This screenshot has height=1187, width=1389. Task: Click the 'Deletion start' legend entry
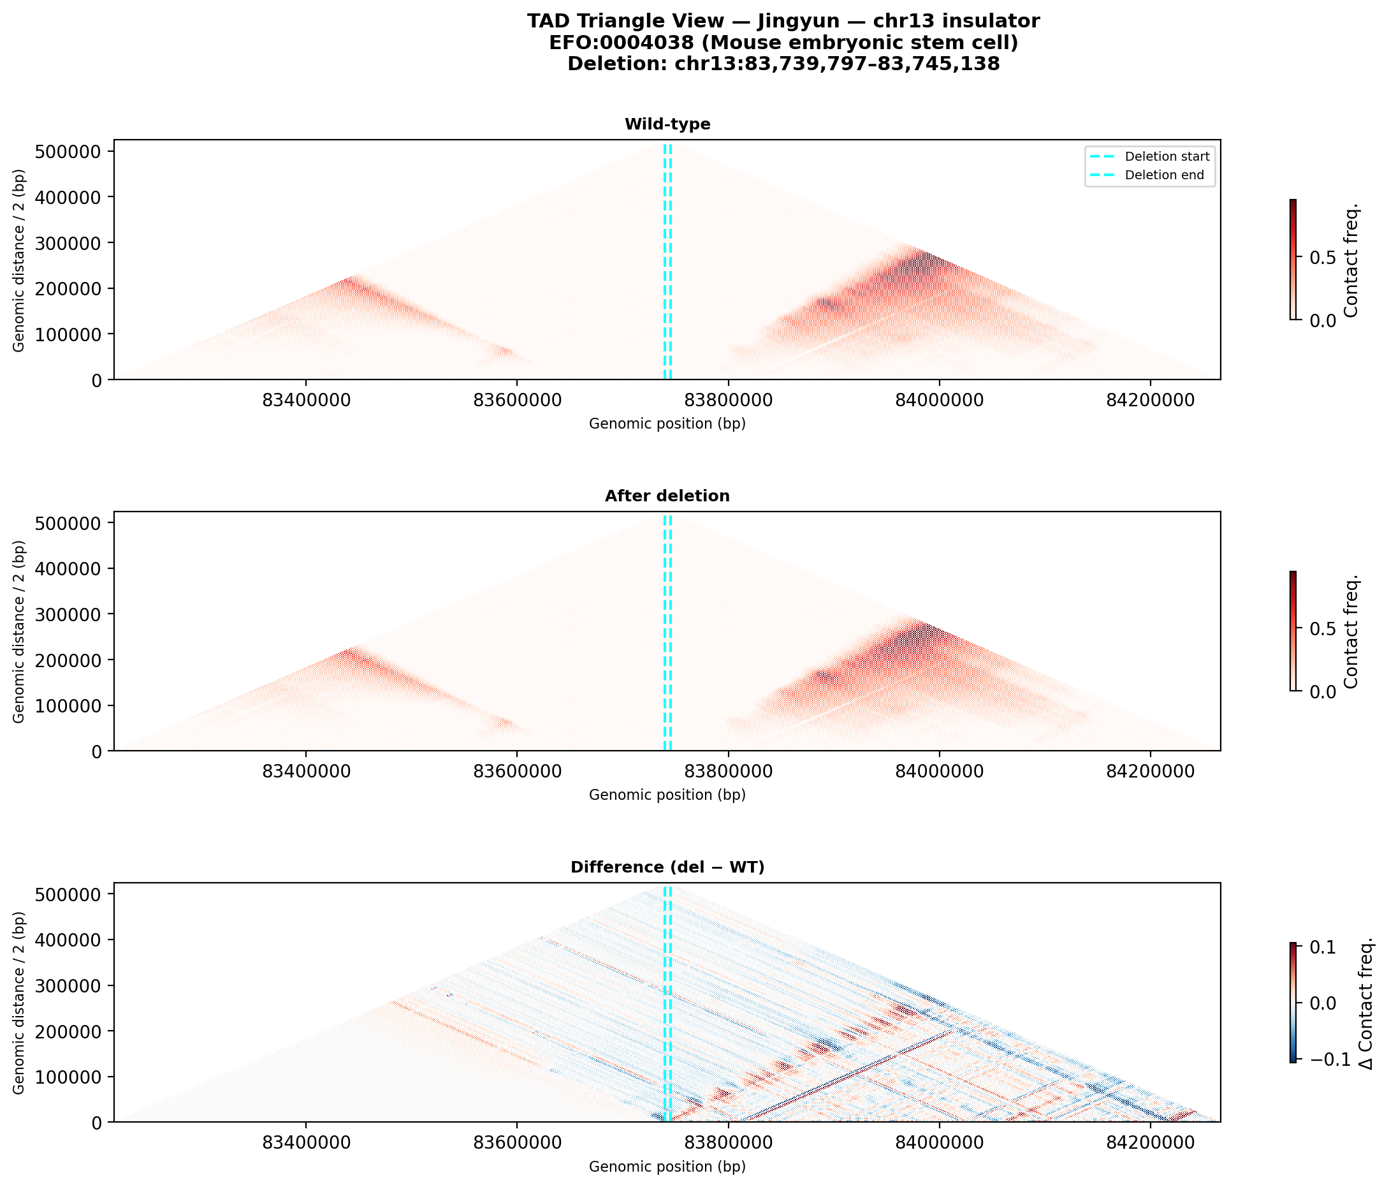tap(1167, 157)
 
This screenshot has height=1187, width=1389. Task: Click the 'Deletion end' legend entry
tap(1164, 175)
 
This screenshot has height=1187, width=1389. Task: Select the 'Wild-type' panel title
tap(667, 124)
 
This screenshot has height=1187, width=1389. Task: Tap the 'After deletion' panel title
tap(667, 496)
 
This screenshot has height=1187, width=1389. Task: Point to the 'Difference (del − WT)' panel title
tap(667, 867)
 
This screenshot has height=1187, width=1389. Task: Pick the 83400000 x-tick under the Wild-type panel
tap(307, 401)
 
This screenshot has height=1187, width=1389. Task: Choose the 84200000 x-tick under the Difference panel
tap(1151, 1143)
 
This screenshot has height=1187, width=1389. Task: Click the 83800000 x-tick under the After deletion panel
tap(728, 772)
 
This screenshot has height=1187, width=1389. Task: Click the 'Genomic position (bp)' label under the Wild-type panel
tap(667, 424)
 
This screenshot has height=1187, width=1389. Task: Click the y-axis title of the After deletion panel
tap(19, 631)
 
